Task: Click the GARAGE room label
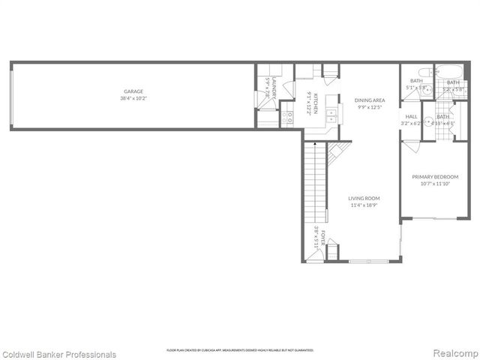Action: tap(134, 91)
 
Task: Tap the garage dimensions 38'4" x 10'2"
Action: tap(134, 98)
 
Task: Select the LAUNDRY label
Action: tap(276, 88)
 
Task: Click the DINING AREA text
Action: tap(369, 100)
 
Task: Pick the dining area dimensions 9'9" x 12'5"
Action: tap(369, 106)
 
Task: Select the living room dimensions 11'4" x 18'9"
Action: tap(363, 205)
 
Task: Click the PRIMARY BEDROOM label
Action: tap(435, 177)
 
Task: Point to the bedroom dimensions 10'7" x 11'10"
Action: tap(435, 184)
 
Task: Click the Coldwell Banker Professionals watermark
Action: tap(58, 354)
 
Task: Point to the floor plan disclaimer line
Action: tap(240, 350)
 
